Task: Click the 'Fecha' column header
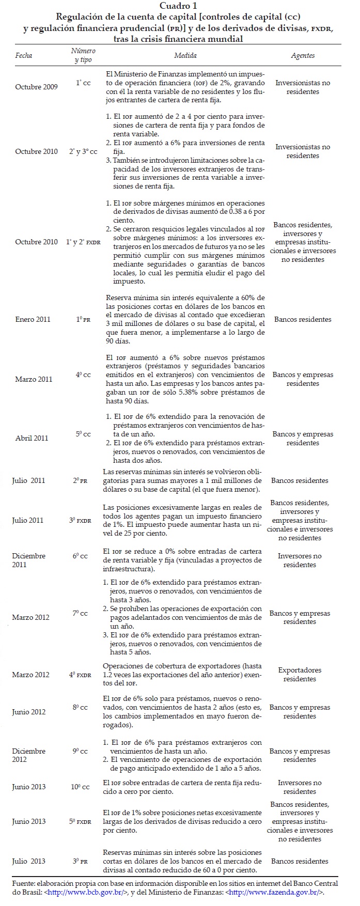click(x=24, y=55)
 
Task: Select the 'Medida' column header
click(x=185, y=55)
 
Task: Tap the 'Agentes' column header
click(x=303, y=55)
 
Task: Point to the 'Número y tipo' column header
click(x=83, y=55)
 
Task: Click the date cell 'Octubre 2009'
click(x=36, y=87)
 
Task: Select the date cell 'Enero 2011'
click(x=33, y=319)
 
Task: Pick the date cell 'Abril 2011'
click(x=32, y=438)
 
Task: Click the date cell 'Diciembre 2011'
click(x=29, y=560)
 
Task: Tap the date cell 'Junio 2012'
click(x=29, y=712)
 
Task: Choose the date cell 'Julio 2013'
click(x=29, y=861)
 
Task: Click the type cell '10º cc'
click(x=80, y=787)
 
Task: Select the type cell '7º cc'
click(x=80, y=613)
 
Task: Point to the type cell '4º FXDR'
click(x=80, y=675)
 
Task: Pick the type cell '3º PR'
click(x=80, y=861)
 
